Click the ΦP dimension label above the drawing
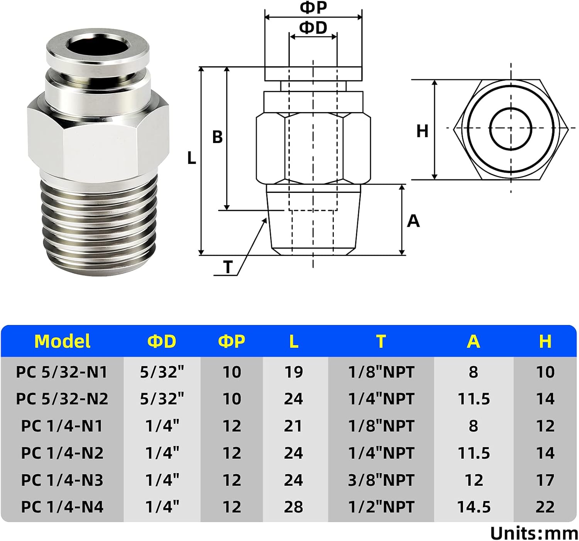(x=313, y=8)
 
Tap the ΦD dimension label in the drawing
(x=313, y=28)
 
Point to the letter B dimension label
(x=217, y=137)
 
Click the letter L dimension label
(x=191, y=158)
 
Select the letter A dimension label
(x=413, y=221)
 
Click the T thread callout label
(x=228, y=267)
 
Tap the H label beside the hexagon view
(x=422, y=131)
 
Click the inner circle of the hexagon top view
(x=511, y=129)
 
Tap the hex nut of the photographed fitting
(x=98, y=137)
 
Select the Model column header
(x=62, y=341)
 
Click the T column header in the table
(x=381, y=341)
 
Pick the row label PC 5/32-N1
(x=62, y=372)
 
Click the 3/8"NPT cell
(x=381, y=480)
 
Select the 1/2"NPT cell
(x=381, y=507)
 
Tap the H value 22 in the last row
(x=545, y=507)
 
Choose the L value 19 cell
(x=293, y=372)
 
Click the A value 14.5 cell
(x=474, y=507)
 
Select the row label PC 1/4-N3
(x=62, y=480)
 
